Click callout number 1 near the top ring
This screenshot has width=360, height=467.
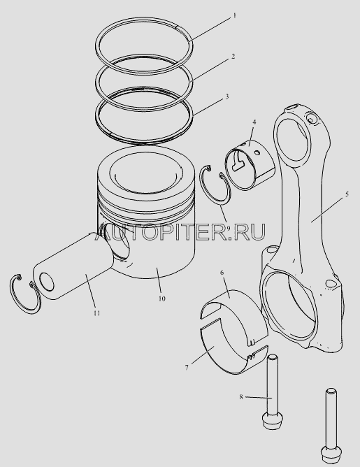[234, 15]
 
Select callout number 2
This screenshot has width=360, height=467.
[233, 56]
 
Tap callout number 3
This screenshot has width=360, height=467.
[226, 96]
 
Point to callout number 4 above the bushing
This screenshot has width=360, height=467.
[254, 122]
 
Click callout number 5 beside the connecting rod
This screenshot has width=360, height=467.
[347, 194]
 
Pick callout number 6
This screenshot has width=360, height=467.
[222, 273]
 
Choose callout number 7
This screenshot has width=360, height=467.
[187, 368]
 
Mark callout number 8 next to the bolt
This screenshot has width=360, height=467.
[241, 396]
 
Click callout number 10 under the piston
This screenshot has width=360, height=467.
[161, 299]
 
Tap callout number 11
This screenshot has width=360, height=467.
[96, 313]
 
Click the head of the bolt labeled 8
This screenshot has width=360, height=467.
[273, 422]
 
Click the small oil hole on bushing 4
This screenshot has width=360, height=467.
[257, 153]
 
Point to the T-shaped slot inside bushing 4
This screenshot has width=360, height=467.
[238, 161]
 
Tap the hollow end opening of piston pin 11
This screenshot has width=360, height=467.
[47, 282]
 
